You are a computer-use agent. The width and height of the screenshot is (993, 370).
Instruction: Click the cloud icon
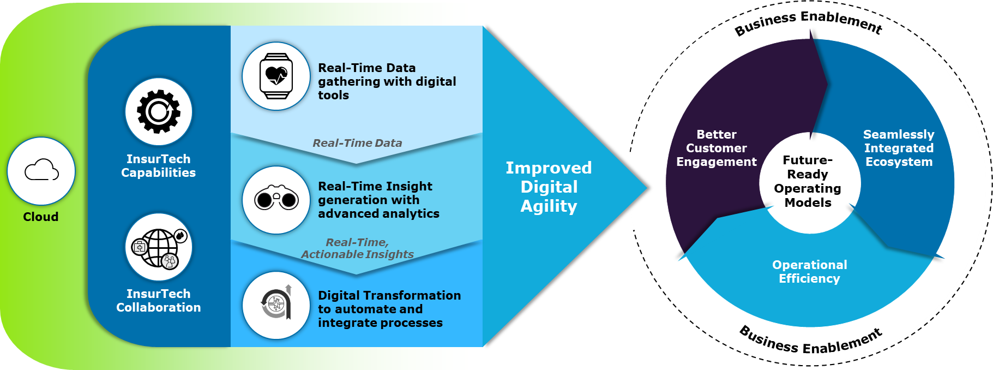[41, 170]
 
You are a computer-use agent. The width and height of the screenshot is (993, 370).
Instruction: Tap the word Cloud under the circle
[41, 217]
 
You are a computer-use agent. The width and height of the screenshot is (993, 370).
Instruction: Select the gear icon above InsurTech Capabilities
[159, 111]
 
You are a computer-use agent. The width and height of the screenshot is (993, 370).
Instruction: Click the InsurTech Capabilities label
[159, 166]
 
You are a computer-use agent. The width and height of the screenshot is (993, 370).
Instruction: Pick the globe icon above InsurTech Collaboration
[159, 248]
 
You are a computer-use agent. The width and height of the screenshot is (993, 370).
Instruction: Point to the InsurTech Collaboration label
[159, 301]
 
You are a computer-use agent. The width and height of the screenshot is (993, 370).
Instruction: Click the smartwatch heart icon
[276, 76]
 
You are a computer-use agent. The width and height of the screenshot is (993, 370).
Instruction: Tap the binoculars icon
[276, 198]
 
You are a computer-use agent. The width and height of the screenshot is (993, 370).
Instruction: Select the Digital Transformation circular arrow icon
[276, 302]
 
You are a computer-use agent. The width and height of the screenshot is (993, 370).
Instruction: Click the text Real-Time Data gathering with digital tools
[387, 81]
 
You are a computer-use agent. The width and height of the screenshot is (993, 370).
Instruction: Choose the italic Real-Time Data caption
[357, 143]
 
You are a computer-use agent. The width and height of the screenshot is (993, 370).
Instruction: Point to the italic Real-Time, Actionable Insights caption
[357, 248]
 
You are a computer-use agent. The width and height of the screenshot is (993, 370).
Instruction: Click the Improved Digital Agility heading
[549, 187]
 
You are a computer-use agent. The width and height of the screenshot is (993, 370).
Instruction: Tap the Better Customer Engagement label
[717, 148]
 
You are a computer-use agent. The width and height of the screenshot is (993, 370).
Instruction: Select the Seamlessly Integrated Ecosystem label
[899, 148]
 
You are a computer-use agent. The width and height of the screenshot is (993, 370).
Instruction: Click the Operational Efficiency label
[810, 271]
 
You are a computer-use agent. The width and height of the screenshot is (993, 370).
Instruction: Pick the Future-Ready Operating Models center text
[808, 181]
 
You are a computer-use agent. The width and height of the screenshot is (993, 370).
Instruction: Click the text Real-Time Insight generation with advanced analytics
[379, 200]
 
